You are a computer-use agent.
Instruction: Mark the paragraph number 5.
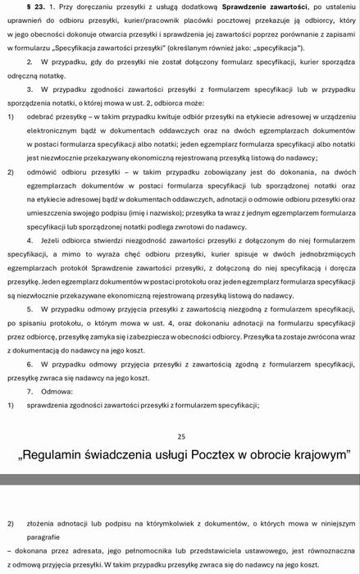[29, 307]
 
